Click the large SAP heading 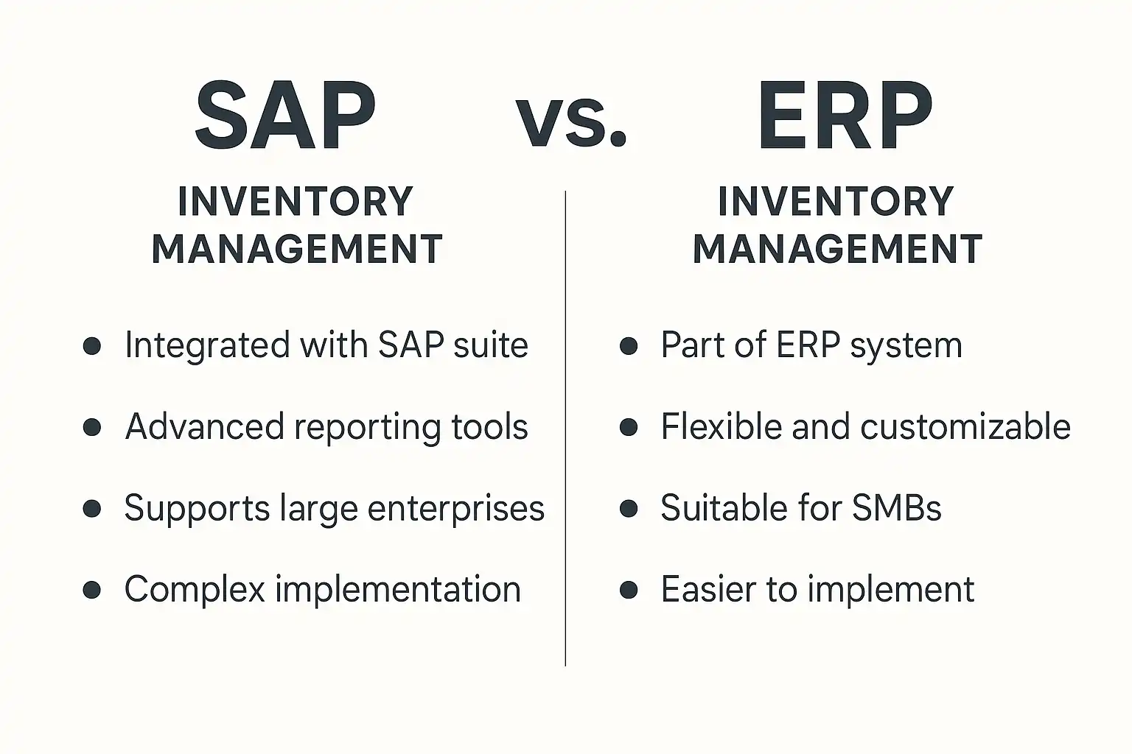click(x=285, y=115)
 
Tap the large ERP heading click(x=845, y=115)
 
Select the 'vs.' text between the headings click(x=571, y=123)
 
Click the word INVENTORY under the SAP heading click(x=296, y=202)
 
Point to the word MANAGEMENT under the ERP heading click(x=837, y=249)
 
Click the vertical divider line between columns click(x=565, y=429)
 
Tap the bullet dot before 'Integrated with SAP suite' click(x=92, y=346)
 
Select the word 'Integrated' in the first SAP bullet click(x=207, y=346)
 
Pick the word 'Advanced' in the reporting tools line click(x=205, y=427)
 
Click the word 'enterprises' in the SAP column click(x=456, y=509)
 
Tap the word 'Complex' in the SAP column click(x=195, y=590)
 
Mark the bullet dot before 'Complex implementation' click(x=92, y=589)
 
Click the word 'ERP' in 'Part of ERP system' click(x=808, y=345)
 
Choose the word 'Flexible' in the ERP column click(x=722, y=427)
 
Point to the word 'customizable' click(x=965, y=427)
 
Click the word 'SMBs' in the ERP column click(x=896, y=508)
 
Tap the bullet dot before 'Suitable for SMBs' click(x=629, y=509)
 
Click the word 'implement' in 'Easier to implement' click(x=890, y=590)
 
